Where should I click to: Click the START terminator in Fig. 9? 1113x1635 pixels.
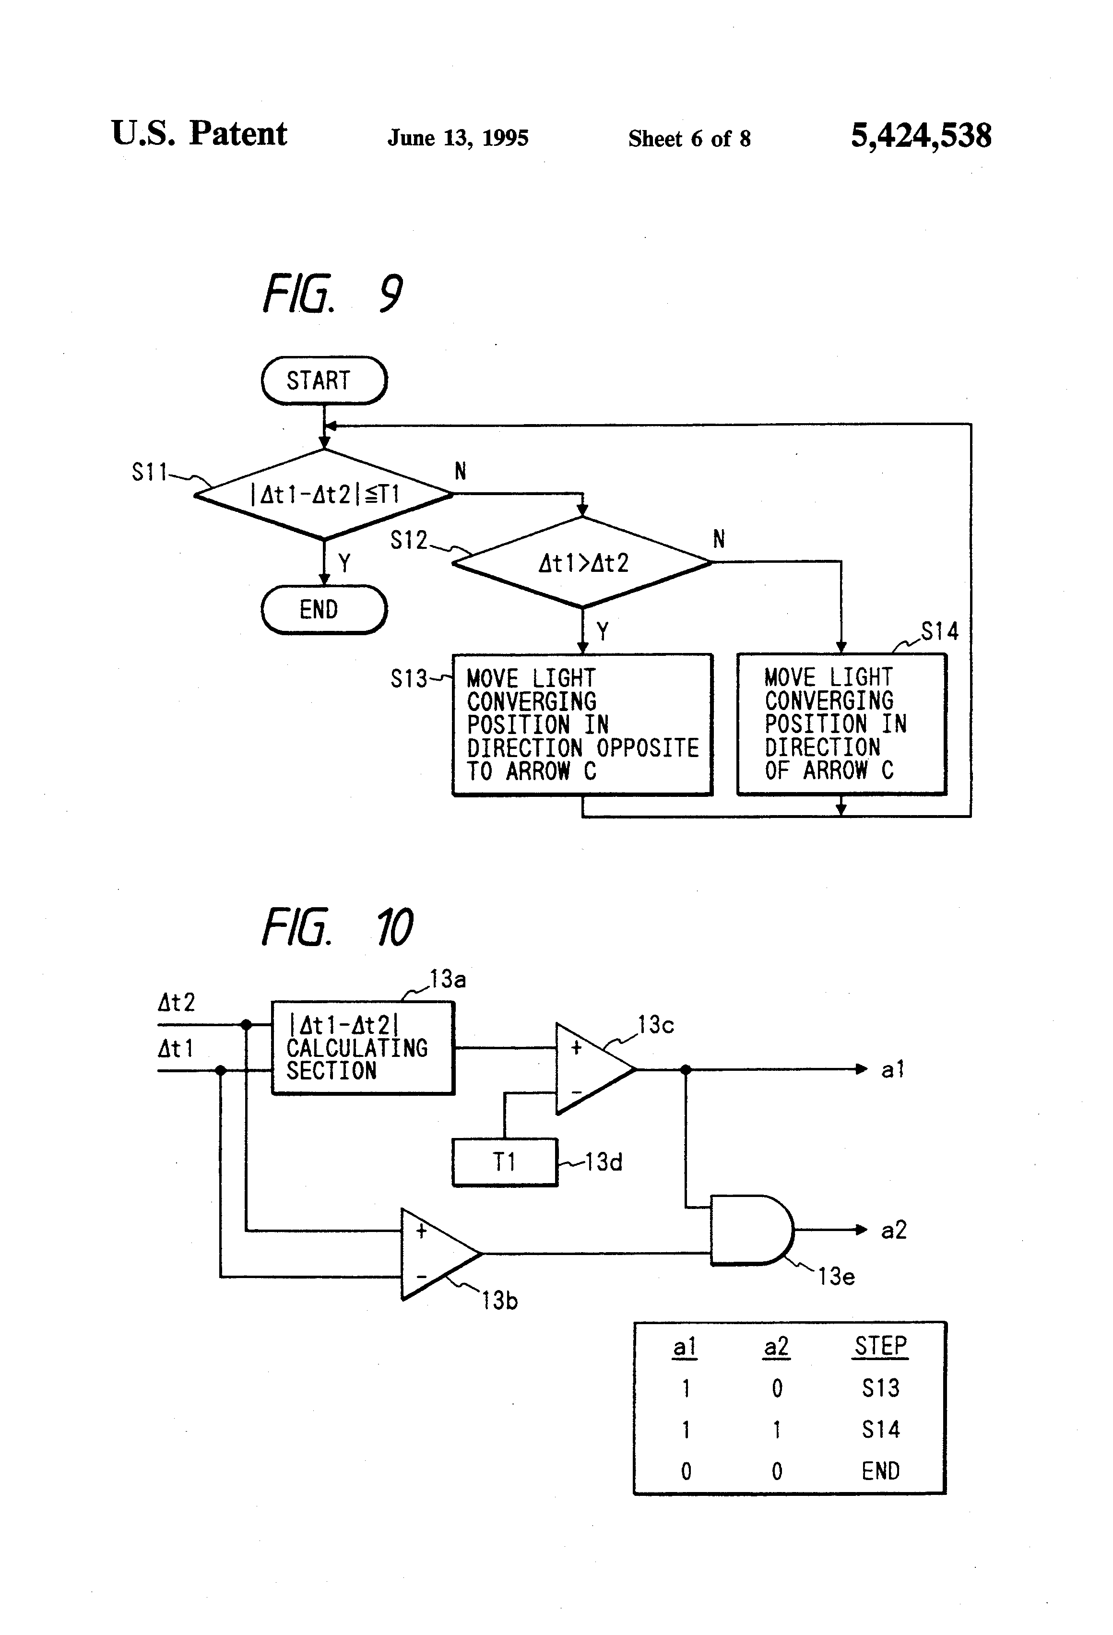point(324,380)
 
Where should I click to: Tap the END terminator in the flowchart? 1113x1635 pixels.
point(324,609)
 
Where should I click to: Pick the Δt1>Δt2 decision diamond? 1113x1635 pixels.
point(582,563)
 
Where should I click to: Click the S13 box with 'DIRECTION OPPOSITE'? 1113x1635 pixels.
point(582,724)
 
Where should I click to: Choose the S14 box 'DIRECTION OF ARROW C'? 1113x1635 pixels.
point(841,724)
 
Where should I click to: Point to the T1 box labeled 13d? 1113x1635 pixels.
point(504,1161)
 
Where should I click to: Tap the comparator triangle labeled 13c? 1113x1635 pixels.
point(591,1069)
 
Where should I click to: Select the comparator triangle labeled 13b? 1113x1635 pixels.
point(436,1254)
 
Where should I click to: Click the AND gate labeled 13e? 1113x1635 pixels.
point(750,1230)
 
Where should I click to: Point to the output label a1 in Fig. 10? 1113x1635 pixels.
point(893,1070)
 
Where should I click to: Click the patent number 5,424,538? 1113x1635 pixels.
point(921,135)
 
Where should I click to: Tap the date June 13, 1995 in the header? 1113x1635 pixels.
point(458,138)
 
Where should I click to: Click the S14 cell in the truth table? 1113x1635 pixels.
point(881,1430)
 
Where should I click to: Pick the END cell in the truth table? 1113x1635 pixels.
point(881,1471)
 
